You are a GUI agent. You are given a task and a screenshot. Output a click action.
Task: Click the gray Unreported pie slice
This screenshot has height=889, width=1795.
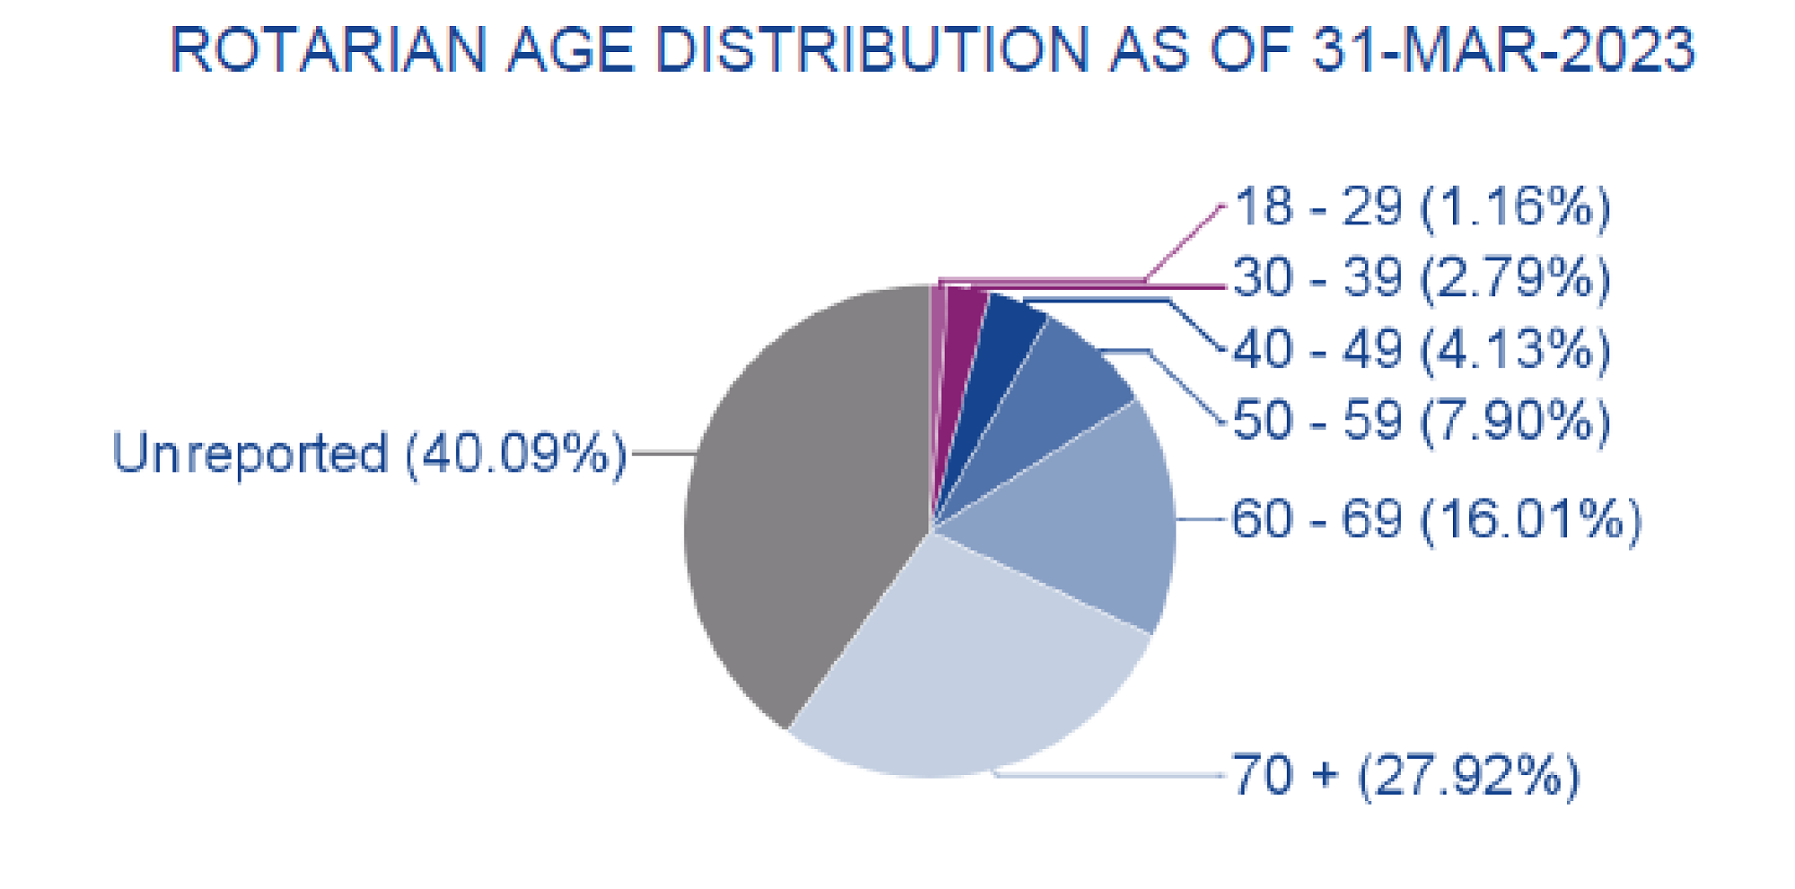[x=808, y=502]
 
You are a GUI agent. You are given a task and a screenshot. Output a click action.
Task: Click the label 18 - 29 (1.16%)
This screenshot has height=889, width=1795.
[x=1422, y=206]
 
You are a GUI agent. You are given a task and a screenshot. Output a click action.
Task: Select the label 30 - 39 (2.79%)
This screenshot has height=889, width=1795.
[x=1422, y=277]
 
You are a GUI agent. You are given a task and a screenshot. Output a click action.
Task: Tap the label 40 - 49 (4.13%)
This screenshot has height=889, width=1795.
[x=1422, y=349]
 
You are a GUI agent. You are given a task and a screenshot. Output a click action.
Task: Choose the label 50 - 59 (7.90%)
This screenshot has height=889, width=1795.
[x=1422, y=421]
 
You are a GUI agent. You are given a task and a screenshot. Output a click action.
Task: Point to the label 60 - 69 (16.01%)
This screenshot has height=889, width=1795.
[x=1436, y=519]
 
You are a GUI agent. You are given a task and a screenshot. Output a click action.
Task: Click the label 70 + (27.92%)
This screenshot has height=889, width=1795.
[x=1405, y=775]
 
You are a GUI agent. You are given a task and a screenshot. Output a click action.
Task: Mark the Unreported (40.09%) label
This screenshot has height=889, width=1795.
[x=369, y=453]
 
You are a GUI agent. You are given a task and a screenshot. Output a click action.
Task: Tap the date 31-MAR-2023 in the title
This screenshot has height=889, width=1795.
[x=1503, y=49]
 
